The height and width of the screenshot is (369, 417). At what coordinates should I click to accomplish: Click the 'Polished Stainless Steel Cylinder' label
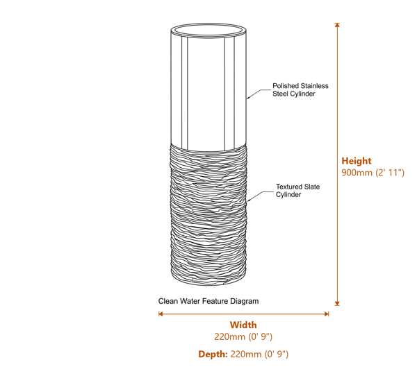pyautogui.click(x=300, y=89)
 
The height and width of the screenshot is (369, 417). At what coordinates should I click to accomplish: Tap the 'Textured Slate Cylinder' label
pyautogui.click(x=297, y=191)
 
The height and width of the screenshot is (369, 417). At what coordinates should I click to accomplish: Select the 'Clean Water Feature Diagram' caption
pyautogui.click(x=208, y=301)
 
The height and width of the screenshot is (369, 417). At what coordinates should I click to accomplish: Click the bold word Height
pyautogui.click(x=357, y=161)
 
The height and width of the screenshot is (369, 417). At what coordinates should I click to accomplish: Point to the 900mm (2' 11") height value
pyautogui.click(x=373, y=173)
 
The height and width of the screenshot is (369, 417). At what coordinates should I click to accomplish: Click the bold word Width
pyautogui.click(x=243, y=325)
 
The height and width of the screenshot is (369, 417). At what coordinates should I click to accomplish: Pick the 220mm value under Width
pyautogui.click(x=243, y=336)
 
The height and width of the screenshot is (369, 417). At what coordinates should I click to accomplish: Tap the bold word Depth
pyautogui.click(x=213, y=354)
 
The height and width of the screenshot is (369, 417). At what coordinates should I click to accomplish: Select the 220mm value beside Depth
pyautogui.click(x=259, y=354)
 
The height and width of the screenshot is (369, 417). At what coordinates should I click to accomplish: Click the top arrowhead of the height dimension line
pyautogui.click(x=337, y=25)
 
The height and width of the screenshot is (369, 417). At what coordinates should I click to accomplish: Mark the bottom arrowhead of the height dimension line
pyautogui.click(x=337, y=303)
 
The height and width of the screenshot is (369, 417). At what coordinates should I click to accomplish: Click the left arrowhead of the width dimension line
pyautogui.click(x=161, y=314)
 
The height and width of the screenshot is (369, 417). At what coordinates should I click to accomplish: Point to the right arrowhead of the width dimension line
pyautogui.click(x=327, y=314)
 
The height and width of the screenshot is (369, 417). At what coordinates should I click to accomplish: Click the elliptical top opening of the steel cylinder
pyautogui.click(x=208, y=24)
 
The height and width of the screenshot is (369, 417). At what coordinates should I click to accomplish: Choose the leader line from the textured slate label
pyautogui.click(x=260, y=195)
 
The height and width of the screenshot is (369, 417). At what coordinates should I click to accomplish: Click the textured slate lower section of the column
pyautogui.click(x=208, y=215)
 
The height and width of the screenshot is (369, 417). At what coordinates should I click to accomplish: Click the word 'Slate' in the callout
pyautogui.click(x=312, y=187)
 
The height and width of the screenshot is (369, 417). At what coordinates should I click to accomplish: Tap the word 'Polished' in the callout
pyautogui.click(x=282, y=86)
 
